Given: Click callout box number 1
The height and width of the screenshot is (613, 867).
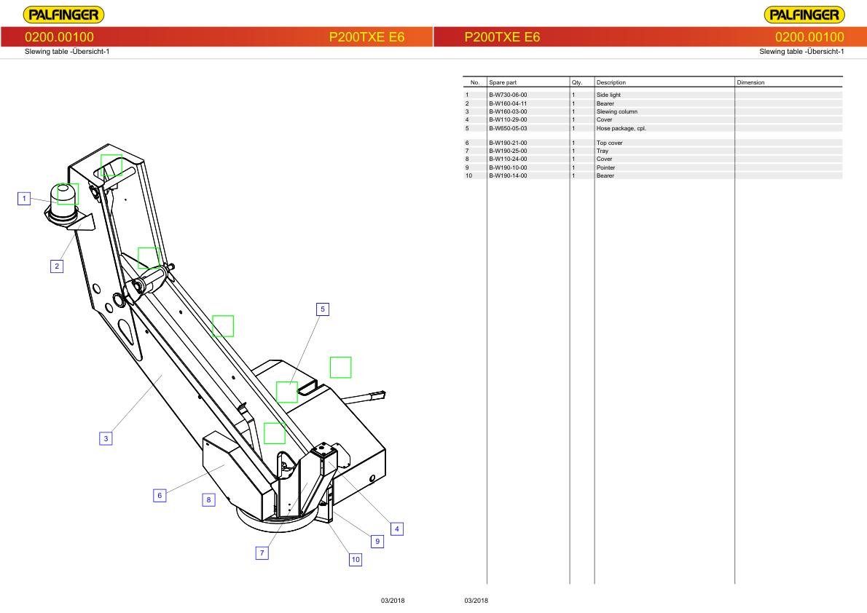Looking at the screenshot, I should point(25,199).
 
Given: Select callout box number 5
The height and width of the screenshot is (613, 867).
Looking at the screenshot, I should point(323,309).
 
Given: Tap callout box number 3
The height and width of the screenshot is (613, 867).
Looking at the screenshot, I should point(106,438).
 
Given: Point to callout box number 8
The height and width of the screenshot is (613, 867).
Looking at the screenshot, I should point(208,500).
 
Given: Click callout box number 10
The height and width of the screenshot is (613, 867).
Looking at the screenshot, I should point(356,560).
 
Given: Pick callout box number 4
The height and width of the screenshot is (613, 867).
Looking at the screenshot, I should point(396,529).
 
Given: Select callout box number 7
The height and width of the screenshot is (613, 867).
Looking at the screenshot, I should point(262,553).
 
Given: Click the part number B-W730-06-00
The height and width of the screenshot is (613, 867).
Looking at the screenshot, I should point(508,95).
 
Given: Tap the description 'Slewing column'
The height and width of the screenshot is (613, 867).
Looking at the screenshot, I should point(616,111).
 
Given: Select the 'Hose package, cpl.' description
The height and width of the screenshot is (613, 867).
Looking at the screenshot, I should point(621,128).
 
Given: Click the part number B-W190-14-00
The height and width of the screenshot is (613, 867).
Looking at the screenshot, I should point(508,175).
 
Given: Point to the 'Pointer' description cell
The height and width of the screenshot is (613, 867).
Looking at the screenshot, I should point(605,167).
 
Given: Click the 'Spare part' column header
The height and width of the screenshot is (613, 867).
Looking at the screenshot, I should point(503,83).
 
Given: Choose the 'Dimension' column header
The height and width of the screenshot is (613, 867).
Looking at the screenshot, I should point(750,83).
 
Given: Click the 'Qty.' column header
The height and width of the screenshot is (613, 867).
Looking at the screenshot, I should point(577,83).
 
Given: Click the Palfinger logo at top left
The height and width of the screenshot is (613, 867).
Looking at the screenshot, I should point(63,15).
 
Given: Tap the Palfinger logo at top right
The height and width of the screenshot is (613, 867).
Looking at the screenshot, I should point(804,15).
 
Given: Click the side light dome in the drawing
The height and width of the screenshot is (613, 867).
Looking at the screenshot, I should point(66,194).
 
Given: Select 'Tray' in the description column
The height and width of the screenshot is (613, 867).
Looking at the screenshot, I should point(602,151).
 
